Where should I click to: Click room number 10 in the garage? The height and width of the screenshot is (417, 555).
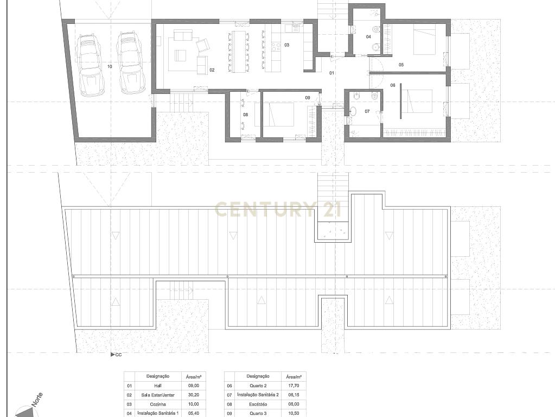110,66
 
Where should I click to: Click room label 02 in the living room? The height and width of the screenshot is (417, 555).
212,70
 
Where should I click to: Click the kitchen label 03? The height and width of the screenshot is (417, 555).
286,45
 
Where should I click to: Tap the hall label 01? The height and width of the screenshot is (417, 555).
331,73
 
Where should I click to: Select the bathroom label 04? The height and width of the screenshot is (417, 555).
368,37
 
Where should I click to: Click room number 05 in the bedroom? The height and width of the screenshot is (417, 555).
401,65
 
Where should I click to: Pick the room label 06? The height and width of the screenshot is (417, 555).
393,85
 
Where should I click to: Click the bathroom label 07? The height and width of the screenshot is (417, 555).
367,111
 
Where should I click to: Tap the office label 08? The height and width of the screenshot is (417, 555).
245,115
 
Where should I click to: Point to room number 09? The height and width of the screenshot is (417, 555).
308,98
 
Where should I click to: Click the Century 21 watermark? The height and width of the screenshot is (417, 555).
278,209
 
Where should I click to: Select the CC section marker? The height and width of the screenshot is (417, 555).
117,355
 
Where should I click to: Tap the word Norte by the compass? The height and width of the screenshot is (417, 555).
37,399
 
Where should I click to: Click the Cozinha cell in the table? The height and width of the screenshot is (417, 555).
158,405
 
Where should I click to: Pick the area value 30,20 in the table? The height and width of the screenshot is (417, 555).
193,395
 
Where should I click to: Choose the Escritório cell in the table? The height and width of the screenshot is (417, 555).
258,405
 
